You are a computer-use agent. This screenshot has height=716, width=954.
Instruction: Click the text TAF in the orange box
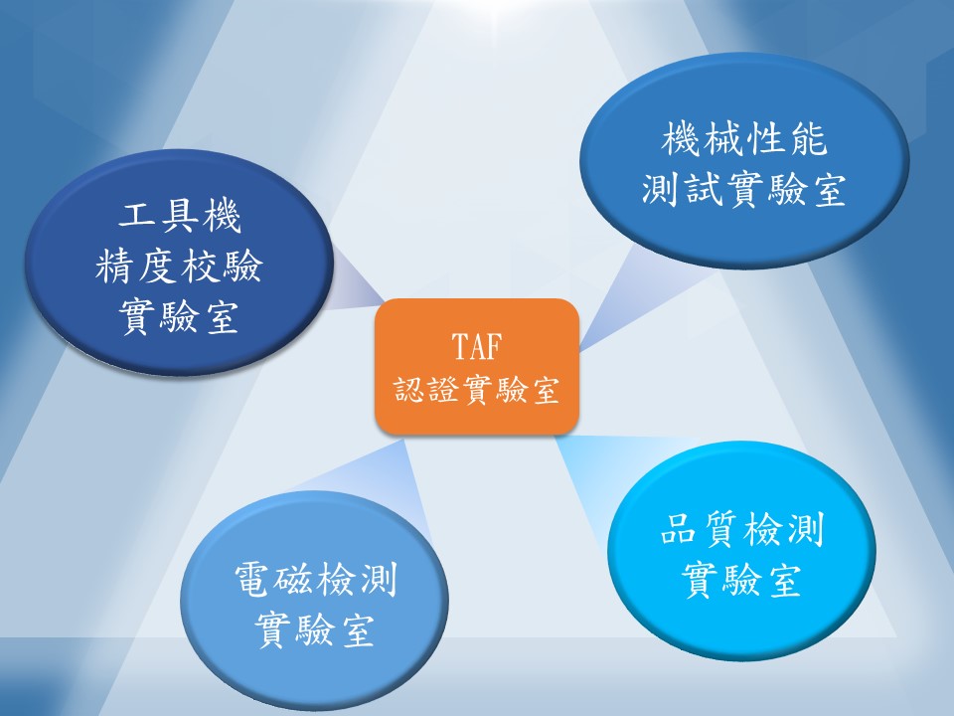coord(477,346)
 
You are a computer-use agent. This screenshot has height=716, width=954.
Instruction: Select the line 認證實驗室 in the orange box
coord(476,390)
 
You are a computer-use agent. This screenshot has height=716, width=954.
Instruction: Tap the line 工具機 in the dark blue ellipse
coord(180,216)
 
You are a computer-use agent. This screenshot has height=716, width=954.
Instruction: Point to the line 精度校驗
coord(179,267)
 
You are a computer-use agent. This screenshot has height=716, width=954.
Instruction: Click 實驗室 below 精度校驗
coord(179,316)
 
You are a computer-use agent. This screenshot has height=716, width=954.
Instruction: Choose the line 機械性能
coord(744,138)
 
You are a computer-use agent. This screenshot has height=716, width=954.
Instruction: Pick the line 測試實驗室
coord(744,189)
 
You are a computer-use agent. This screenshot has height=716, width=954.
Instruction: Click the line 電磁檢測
coord(316,579)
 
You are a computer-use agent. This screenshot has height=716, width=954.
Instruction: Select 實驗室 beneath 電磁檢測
coord(315,629)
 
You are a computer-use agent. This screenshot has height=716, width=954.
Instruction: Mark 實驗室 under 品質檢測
coord(741,579)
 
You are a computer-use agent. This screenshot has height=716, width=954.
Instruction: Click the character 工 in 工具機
coord(138,216)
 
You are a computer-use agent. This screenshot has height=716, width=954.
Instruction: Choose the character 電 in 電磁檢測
coord(253,579)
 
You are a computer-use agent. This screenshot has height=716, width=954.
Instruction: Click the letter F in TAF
coord(494,346)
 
